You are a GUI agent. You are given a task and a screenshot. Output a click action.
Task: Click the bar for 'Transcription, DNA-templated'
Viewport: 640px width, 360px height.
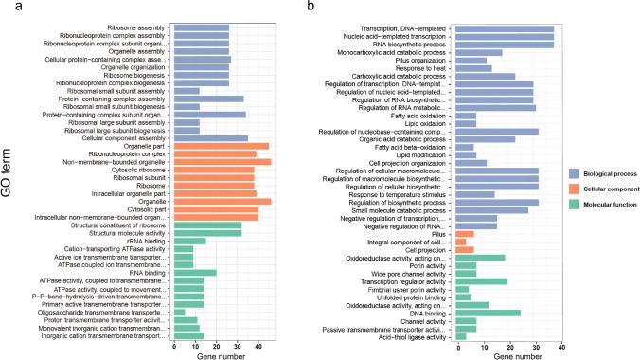tap(505, 28)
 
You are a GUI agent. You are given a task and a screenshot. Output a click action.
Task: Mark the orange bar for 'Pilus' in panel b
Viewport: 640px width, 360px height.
tap(465, 233)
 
